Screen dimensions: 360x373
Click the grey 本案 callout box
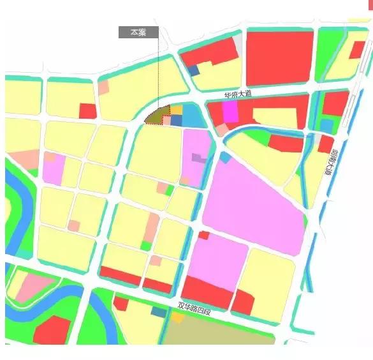point(138,33)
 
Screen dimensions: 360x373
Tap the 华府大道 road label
point(238,94)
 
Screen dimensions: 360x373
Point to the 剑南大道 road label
point(330,163)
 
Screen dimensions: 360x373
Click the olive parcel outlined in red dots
point(157,116)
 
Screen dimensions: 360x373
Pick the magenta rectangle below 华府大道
point(230,112)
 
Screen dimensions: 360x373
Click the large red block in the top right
point(279,57)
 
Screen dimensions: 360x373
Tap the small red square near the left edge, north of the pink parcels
point(87,110)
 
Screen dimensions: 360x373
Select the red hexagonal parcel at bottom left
point(52,330)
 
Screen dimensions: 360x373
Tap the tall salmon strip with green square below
point(151,227)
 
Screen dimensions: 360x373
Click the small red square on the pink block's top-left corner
point(203,236)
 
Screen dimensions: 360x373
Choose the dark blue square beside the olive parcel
point(177,120)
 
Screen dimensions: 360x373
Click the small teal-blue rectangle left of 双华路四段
point(158,311)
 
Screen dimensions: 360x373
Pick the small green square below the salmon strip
point(146,245)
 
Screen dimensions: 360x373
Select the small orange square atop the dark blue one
point(177,110)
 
